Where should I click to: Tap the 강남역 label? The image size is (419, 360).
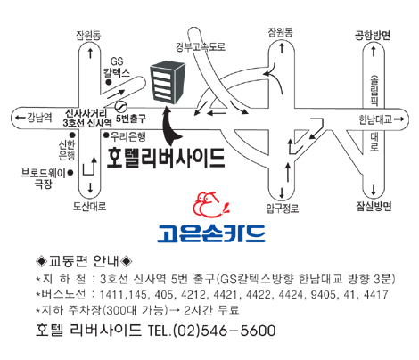click(39, 118)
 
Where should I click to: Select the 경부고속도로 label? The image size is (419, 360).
click(201, 46)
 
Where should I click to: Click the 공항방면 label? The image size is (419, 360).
click(373, 36)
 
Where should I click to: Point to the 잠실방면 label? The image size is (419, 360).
click(374, 206)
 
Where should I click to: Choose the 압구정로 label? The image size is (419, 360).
click(283, 208)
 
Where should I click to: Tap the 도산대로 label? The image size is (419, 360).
click(90, 206)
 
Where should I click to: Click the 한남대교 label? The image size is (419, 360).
click(375, 119)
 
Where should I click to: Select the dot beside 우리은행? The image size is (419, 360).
click(106, 135)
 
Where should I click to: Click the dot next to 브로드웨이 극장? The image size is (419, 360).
click(70, 172)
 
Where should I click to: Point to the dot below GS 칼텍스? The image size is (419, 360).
click(109, 82)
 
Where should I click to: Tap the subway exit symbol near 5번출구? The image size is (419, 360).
click(121, 106)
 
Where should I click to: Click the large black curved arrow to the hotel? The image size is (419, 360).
click(170, 127)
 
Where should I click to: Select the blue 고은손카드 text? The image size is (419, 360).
click(211, 233)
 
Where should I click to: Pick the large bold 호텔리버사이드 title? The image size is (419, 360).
click(166, 158)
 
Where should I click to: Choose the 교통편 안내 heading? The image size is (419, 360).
click(84, 261)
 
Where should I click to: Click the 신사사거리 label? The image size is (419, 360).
click(86, 113)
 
